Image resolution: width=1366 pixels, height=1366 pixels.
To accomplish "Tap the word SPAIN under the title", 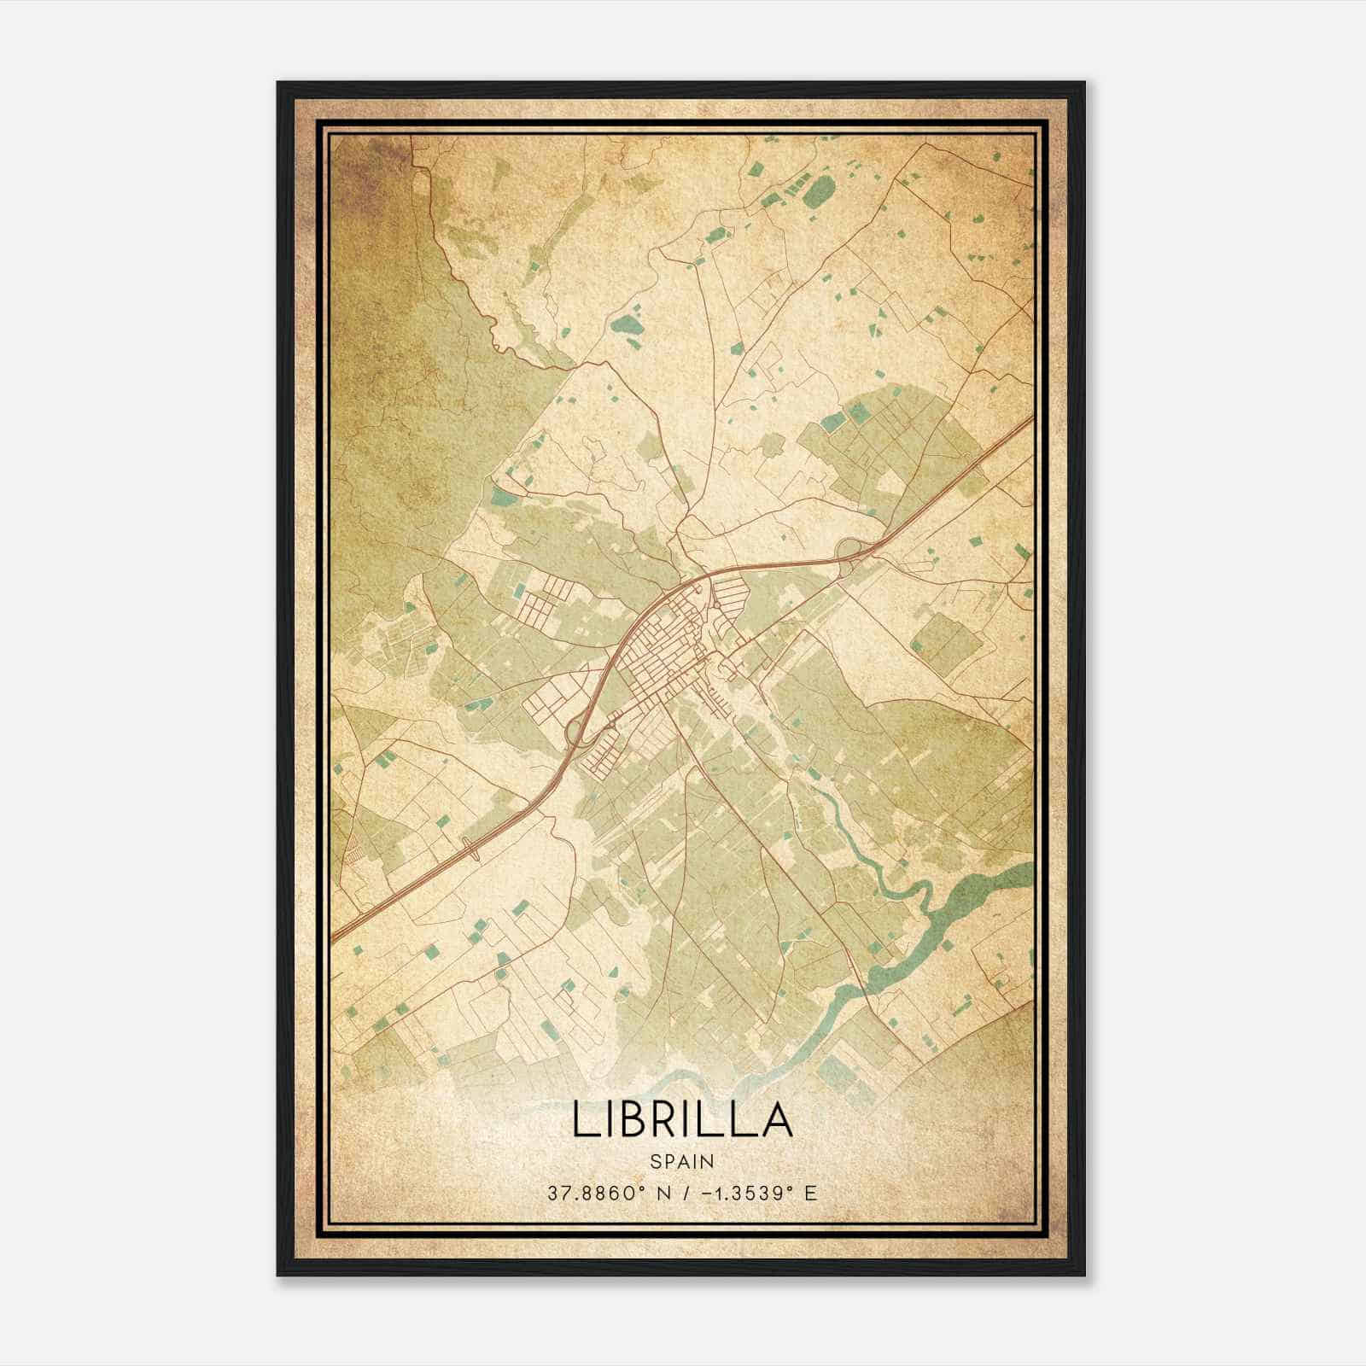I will click(682, 1161).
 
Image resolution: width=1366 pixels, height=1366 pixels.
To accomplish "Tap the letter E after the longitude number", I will click(811, 1193).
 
